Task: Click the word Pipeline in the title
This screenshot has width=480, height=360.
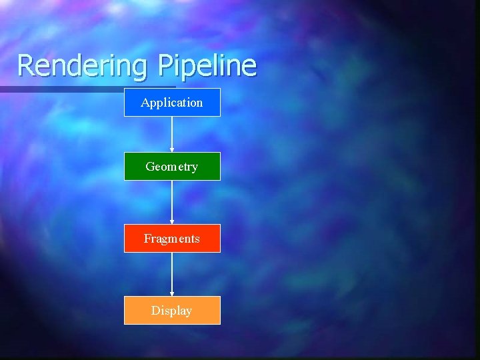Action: click(207, 66)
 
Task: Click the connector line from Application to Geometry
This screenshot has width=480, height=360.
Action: click(172, 133)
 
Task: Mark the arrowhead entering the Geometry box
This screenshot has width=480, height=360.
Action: click(172, 151)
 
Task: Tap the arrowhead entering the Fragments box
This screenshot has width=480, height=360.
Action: click(172, 222)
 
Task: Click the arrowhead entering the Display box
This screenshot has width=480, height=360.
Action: click(172, 294)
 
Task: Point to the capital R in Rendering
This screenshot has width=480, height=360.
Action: click(25, 65)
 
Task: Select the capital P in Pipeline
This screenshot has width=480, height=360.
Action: click(165, 65)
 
